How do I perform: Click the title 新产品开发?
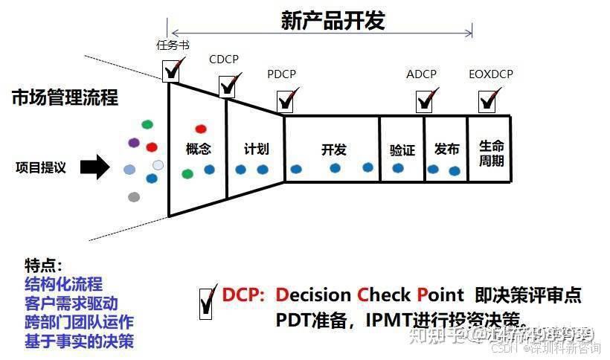(333, 20)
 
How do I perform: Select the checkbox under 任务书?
(171, 71)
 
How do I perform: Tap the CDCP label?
(224, 59)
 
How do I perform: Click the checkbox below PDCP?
(285, 100)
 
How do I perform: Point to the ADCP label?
(421, 74)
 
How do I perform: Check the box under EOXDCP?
(488, 100)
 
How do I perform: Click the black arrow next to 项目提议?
(93, 167)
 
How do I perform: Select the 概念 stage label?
(198, 149)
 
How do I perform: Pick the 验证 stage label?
(402, 150)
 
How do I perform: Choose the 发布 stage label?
(446, 149)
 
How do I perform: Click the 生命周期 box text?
(491, 153)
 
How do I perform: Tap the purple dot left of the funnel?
(133, 142)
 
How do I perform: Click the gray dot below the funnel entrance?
(134, 197)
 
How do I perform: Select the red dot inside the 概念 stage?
(200, 129)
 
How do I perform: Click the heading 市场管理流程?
(65, 97)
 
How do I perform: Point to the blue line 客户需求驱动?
(71, 303)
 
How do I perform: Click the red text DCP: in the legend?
(243, 295)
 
